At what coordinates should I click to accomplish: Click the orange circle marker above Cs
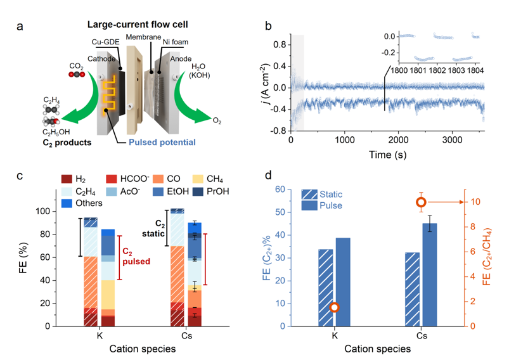coord(421,202)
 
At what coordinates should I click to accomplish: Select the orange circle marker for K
coord(335,307)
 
